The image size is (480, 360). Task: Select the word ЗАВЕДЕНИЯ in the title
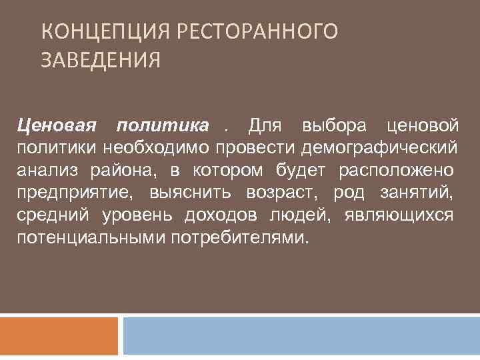click(101, 61)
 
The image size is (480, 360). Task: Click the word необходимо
click(153, 147)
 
